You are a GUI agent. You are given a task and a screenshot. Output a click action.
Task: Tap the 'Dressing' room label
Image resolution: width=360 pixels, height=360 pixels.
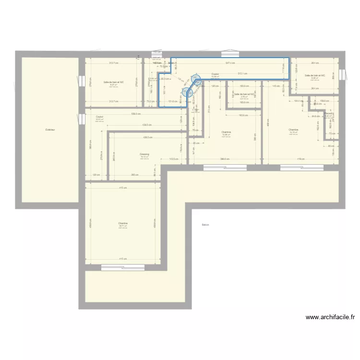pyautogui.click(x=144, y=155)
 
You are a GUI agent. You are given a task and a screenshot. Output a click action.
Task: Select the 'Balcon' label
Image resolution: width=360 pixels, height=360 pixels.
pyautogui.click(x=205, y=225)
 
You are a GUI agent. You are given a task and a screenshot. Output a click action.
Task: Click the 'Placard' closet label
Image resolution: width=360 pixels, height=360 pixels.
pyautogui.click(x=329, y=114)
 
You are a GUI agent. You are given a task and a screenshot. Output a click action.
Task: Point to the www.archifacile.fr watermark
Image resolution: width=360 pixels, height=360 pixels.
pyautogui.click(x=330, y=317)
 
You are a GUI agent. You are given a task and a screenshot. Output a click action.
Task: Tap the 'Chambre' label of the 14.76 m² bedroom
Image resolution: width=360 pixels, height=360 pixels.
pyautogui.click(x=293, y=130)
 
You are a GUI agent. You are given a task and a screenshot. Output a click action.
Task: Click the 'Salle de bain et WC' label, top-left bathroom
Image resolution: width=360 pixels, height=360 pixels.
pyautogui.click(x=114, y=82)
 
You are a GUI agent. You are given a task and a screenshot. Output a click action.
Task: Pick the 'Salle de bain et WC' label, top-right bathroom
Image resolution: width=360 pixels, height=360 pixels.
pyautogui.click(x=315, y=75)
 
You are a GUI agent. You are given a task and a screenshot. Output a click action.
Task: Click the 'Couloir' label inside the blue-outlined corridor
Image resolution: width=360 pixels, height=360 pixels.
pyautogui.click(x=216, y=74)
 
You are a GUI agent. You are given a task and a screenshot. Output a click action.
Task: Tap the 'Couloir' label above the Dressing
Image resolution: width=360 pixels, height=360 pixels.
pyautogui.click(x=100, y=117)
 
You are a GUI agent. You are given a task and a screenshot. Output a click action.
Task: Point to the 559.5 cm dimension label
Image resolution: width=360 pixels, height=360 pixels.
pyautogui.click(x=135, y=114)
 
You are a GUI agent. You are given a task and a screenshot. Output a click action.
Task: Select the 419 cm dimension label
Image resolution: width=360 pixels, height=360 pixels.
pyautogui.click(x=301, y=159)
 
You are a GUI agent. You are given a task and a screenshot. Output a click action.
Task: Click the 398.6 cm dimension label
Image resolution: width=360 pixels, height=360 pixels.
pyautogui.click(x=225, y=159)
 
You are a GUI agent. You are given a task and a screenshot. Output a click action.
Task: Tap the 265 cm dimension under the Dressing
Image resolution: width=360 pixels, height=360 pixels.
pyautogui.click(x=135, y=175)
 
